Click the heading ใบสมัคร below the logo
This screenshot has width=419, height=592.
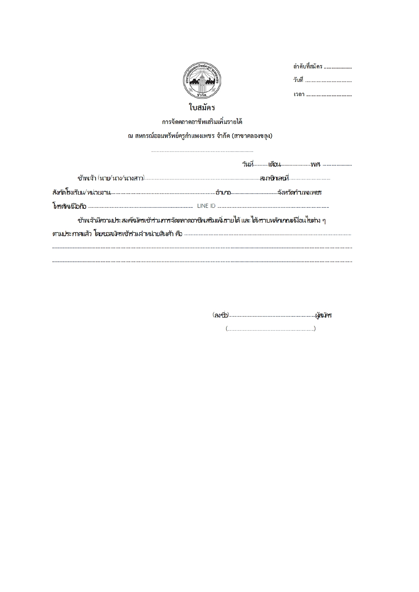click(x=202, y=108)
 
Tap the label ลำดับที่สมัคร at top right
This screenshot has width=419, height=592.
click(x=308, y=66)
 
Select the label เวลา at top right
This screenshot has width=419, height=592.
click(x=299, y=94)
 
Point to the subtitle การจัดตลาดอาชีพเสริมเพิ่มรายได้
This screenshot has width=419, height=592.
click(x=202, y=122)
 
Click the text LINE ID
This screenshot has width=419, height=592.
click(x=206, y=206)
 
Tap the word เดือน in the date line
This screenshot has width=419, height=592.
click(x=274, y=165)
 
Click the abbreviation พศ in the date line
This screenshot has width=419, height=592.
click(x=315, y=165)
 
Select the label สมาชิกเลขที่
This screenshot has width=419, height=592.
click(x=274, y=178)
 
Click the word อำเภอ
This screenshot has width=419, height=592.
click(x=223, y=193)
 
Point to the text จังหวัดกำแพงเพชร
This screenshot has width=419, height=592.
click(x=299, y=193)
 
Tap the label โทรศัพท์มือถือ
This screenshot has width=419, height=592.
click(x=70, y=206)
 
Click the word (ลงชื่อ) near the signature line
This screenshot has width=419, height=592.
click(x=221, y=315)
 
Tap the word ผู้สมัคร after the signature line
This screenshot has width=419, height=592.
click(x=323, y=315)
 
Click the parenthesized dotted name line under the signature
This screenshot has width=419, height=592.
click(x=271, y=329)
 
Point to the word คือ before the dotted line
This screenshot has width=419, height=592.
click(x=179, y=234)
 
